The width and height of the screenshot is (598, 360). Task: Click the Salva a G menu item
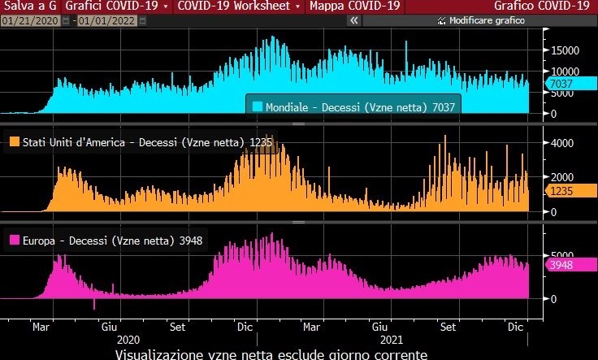point(28,6)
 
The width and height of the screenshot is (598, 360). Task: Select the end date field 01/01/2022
point(105,20)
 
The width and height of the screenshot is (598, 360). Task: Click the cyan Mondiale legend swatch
point(257,106)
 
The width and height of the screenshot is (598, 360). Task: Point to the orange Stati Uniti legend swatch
point(14,142)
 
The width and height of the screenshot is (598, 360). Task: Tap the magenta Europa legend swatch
point(14,240)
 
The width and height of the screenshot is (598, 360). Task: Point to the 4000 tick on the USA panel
point(564,142)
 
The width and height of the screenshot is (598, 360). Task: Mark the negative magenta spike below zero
point(94,304)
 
